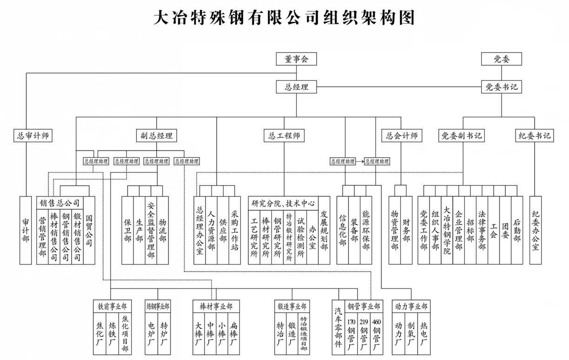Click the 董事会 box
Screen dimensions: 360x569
point(296,59)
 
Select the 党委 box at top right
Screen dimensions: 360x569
point(501,59)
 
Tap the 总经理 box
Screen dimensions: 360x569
point(296,87)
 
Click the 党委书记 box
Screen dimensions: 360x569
point(501,87)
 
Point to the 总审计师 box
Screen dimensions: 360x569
point(32,136)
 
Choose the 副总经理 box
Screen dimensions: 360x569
point(157,136)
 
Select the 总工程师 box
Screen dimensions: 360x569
point(284,136)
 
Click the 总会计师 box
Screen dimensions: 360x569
point(402,136)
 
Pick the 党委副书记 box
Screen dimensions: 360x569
point(462,136)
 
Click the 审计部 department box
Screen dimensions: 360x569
point(26,230)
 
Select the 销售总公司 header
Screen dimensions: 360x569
point(60,203)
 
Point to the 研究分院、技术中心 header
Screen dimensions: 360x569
point(283,203)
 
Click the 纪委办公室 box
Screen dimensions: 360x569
point(536,230)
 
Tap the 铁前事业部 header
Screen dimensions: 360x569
point(112,307)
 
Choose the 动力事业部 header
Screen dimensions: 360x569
point(411,307)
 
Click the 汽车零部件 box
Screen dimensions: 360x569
point(338,328)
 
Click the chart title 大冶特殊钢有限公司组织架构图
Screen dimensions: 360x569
point(284,18)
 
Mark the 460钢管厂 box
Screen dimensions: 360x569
point(377,334)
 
